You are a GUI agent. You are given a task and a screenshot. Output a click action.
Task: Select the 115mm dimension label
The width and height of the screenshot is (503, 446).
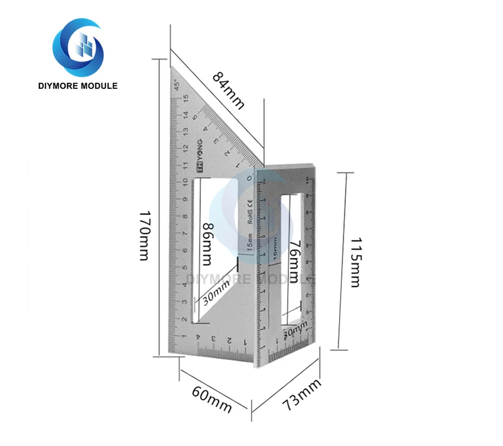(355, 262)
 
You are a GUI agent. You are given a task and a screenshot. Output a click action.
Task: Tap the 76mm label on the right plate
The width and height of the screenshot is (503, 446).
(293, 260)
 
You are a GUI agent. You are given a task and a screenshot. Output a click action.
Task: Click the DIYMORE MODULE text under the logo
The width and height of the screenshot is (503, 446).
(78, 86)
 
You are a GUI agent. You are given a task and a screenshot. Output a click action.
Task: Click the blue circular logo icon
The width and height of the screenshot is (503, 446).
(78, 47)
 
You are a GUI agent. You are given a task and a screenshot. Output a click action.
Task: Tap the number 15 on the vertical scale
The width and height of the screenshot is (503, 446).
(185, 97)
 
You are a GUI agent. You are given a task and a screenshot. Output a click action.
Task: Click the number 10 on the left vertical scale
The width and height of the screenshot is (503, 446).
(185, 182)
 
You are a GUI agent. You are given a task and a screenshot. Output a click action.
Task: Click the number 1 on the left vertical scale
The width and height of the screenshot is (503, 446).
(185, 336)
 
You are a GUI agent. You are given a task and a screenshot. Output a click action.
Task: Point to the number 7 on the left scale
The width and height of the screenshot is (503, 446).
(185, 233)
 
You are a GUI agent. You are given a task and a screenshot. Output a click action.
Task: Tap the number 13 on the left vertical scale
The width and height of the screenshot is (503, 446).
(185, 131)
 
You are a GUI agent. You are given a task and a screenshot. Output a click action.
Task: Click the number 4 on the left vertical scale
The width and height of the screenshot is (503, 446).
(185, 285)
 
